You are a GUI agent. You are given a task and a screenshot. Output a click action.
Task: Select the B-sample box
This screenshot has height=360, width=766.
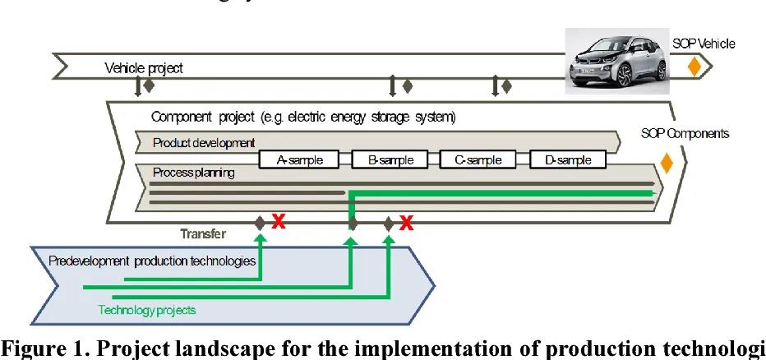pyautogui.click(x=391, y=160)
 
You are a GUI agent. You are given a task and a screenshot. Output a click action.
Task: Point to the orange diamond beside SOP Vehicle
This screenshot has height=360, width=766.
pyautogui.click(x=694, y=67)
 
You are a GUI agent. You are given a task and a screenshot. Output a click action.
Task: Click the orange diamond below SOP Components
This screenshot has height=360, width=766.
pyautogui.click(x=667, y=163)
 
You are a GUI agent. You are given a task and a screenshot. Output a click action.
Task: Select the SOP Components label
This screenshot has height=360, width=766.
pyautogui.click(x=685, y=133)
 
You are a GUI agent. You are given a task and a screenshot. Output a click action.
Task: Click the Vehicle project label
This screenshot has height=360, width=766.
pyautogui.click(x=143, y=68)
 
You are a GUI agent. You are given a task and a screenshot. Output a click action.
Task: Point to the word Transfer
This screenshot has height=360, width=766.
pyautogui.click(x=203, y=233)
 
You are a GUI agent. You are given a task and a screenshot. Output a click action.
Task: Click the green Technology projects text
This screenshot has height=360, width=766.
pyautogui.click(x=147, y=310)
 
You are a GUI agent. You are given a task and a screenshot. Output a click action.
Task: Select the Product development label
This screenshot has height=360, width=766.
pyautogui.click(x=204, y=143)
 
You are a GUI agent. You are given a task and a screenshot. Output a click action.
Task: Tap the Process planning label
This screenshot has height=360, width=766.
pyautogui.click(x=193, y=173)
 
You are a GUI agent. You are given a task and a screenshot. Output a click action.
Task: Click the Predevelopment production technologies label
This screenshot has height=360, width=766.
pyautogui.click(x=152, y=261)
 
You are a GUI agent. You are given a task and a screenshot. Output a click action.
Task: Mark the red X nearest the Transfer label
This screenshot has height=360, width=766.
pyautogui.click(x=279, y=221)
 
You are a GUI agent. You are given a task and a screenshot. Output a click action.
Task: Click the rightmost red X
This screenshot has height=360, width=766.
pyautogui.click(x=405, y=221)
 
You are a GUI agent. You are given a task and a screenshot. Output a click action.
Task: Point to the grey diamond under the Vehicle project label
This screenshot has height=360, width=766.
pyautogui.click(x=149, y=85)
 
